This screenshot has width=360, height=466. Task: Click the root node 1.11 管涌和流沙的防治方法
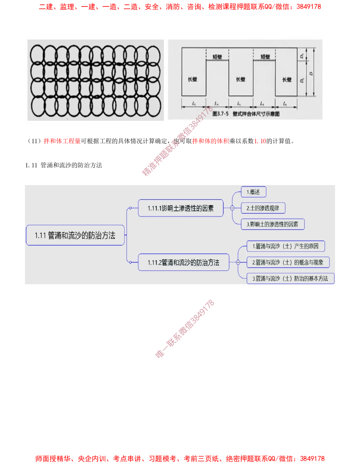75,236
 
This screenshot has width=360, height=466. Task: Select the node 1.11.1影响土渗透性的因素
180,208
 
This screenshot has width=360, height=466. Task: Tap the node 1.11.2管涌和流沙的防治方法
183,263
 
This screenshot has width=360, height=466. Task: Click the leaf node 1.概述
253,192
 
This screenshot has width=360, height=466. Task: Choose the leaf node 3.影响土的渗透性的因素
273,224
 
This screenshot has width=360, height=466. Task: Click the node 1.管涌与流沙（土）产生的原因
285,246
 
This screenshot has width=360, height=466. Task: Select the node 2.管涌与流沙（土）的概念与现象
288,263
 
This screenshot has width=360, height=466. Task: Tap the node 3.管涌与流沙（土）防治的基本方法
290,278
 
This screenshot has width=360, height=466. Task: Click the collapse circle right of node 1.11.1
232,208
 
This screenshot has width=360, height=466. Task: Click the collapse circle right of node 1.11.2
238,263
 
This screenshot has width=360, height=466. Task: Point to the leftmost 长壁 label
193,79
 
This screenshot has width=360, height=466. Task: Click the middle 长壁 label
240,79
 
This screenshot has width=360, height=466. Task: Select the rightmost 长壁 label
287,79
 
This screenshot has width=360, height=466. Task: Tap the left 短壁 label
217,57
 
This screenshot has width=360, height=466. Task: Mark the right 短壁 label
265,57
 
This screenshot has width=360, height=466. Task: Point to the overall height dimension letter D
310,73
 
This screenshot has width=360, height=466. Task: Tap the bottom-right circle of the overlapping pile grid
153,105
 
